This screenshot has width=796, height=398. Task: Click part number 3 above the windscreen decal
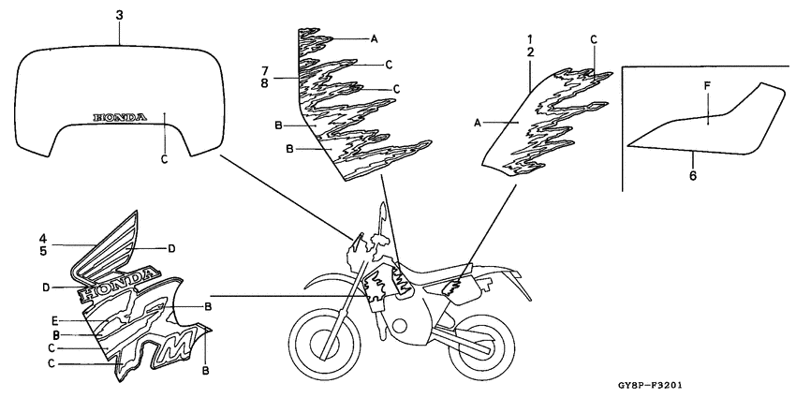[119, 16]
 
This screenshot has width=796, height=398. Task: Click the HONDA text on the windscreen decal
[120, 117]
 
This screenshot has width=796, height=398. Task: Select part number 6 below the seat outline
[693, 176]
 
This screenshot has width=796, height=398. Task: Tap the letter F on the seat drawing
[707, 85]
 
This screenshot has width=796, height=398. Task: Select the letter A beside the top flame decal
[375, 38]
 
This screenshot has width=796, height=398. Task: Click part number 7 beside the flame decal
[264, 70]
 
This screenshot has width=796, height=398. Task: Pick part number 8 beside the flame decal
[264, 83]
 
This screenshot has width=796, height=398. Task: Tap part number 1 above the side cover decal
[529, 39]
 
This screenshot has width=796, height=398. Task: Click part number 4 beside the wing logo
[44, 238]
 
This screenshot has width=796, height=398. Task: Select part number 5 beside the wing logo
[44, 251]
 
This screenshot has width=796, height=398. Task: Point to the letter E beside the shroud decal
[55, 320]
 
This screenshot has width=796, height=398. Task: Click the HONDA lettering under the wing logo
[118, 285]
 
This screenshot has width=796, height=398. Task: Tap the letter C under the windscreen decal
[164, 159]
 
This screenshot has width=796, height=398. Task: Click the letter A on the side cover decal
[478, 122]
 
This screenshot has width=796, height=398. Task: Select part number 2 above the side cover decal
[529, 52]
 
